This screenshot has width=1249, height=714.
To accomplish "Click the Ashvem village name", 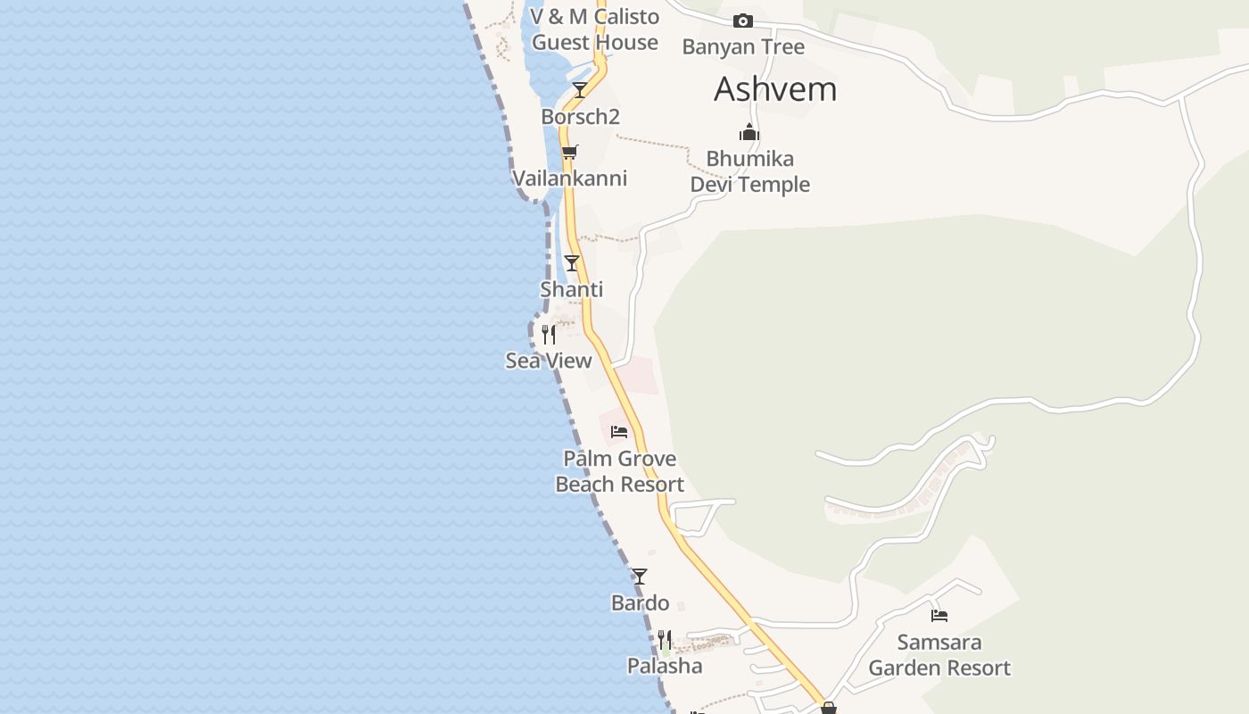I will coord(775,89).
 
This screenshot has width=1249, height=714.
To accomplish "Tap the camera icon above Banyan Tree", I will coord(742,21).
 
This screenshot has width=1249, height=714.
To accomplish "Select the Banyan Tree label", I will coord(743,47).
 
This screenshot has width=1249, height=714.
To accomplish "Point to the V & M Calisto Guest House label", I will coord(595,29).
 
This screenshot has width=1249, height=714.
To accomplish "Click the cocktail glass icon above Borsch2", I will coord(580,89).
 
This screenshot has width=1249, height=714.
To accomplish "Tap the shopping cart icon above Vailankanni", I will coord(570,152).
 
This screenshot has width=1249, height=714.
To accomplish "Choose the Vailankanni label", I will coord(569,178).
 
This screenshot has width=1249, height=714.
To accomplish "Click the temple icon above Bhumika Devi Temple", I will coord(749,133).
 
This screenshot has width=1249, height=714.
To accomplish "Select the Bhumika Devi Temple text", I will coord(750,171).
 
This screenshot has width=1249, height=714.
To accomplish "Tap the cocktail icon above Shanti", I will coord(572,263).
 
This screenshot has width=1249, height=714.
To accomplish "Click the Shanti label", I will coord(572,290).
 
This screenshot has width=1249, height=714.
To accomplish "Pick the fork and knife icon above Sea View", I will coord(549,335).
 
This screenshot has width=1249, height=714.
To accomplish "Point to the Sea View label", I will coord(549,361).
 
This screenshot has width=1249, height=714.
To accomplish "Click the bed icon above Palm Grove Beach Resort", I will coord(619,432).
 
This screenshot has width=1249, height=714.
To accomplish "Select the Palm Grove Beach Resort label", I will coord(620,471).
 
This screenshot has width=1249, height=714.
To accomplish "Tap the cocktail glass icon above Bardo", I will coord(640,577).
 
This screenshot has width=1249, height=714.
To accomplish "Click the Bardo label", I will coord(640,603).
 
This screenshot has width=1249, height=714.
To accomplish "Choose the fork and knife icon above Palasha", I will coord(665,640).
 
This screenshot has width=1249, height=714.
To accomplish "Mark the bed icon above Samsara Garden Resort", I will coord(939,615).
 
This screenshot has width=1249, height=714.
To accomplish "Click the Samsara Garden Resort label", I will coord(939,655).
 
